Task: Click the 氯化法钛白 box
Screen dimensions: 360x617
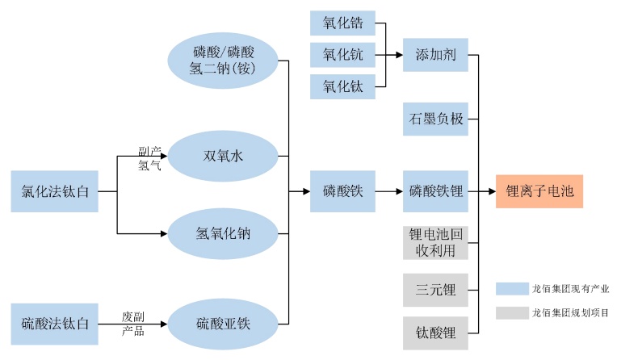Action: coord(54,191)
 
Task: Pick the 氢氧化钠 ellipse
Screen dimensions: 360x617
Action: coord(223,234)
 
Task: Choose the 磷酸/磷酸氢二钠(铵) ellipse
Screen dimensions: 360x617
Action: coord(223,59)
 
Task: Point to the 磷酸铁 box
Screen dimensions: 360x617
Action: coord(342,191)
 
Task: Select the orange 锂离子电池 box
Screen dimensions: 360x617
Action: coord(539,191)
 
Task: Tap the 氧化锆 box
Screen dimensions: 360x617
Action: coord(342,23)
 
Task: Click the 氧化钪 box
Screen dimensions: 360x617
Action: coord(342,54)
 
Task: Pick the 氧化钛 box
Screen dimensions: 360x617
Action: coord(342,85)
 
